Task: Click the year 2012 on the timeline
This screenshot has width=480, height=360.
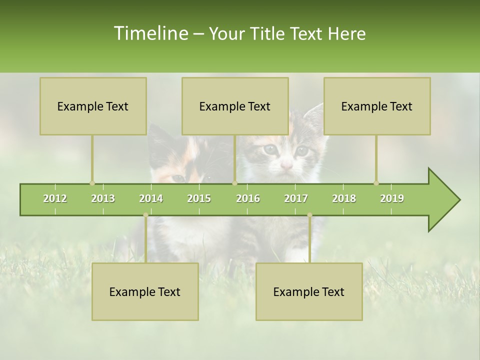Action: [55, 198]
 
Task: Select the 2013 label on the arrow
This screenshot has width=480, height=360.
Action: [103, 198]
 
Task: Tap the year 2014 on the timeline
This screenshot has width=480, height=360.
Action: [151, 198]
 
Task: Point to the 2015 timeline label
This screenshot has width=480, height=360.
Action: [199, 198]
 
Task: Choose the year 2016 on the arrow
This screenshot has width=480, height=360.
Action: [248, 198]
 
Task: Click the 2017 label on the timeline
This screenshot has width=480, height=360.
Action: [296, 198]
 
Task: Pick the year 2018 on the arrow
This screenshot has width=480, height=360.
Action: [344, 198]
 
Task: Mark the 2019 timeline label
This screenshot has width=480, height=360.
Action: [392, 198]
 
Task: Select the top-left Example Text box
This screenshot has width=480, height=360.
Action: [93, 106]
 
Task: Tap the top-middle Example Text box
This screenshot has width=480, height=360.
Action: [235, 106]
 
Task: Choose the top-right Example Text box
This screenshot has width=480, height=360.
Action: [377, 106]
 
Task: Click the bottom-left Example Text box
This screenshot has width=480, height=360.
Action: [145, 291]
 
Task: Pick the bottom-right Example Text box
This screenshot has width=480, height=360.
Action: [309, 291]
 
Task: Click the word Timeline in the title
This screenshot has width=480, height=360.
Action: [150, 33]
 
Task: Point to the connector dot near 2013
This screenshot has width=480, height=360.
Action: [92, 183]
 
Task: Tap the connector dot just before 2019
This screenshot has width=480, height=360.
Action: [376, 183]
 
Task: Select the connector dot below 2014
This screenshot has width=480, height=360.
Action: [145, 215]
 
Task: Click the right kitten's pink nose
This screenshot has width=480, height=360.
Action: [286, 164]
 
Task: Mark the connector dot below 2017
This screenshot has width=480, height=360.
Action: [309, 215]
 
